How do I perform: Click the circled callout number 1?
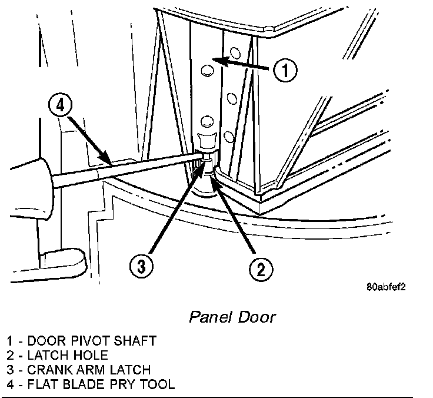[285, 71]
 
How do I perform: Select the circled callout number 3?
[141, 267]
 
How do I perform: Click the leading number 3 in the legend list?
[11, 370]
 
